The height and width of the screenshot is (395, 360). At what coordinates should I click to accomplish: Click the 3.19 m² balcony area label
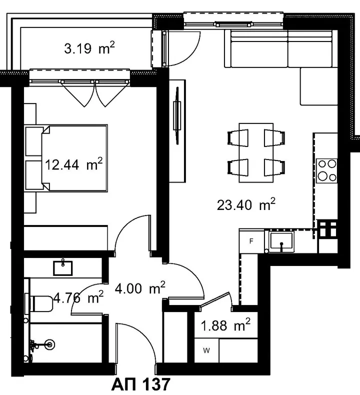(89, 48)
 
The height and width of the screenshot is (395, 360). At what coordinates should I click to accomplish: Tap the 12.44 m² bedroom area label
(74, 164)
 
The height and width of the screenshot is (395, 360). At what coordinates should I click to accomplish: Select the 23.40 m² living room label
(246, 204)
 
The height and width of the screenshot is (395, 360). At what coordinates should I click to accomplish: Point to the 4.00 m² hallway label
(140, 288)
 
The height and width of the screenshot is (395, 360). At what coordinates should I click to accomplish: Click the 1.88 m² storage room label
(225, 325)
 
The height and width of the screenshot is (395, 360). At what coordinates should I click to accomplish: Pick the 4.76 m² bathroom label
(78, 297)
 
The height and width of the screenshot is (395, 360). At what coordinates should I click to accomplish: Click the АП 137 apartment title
(141, 384)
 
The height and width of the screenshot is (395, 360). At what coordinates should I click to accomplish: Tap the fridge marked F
(251, 241)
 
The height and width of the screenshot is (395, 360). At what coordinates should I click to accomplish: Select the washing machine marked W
(206, 350)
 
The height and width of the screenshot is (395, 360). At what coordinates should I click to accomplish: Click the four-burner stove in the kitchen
(327, 171)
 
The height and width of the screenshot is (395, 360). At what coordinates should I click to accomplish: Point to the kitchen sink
(281, 241)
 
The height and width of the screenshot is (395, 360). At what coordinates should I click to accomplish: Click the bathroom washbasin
(62, 267)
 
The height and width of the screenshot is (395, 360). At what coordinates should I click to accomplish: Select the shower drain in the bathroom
(49, 344)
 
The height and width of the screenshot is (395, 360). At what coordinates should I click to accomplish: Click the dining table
(256, 152)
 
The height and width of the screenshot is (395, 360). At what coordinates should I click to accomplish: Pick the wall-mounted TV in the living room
(177, 115)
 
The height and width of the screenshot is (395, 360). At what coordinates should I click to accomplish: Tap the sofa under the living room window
(281, 49)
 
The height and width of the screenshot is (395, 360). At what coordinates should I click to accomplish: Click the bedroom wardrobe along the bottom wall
(66, 238)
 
